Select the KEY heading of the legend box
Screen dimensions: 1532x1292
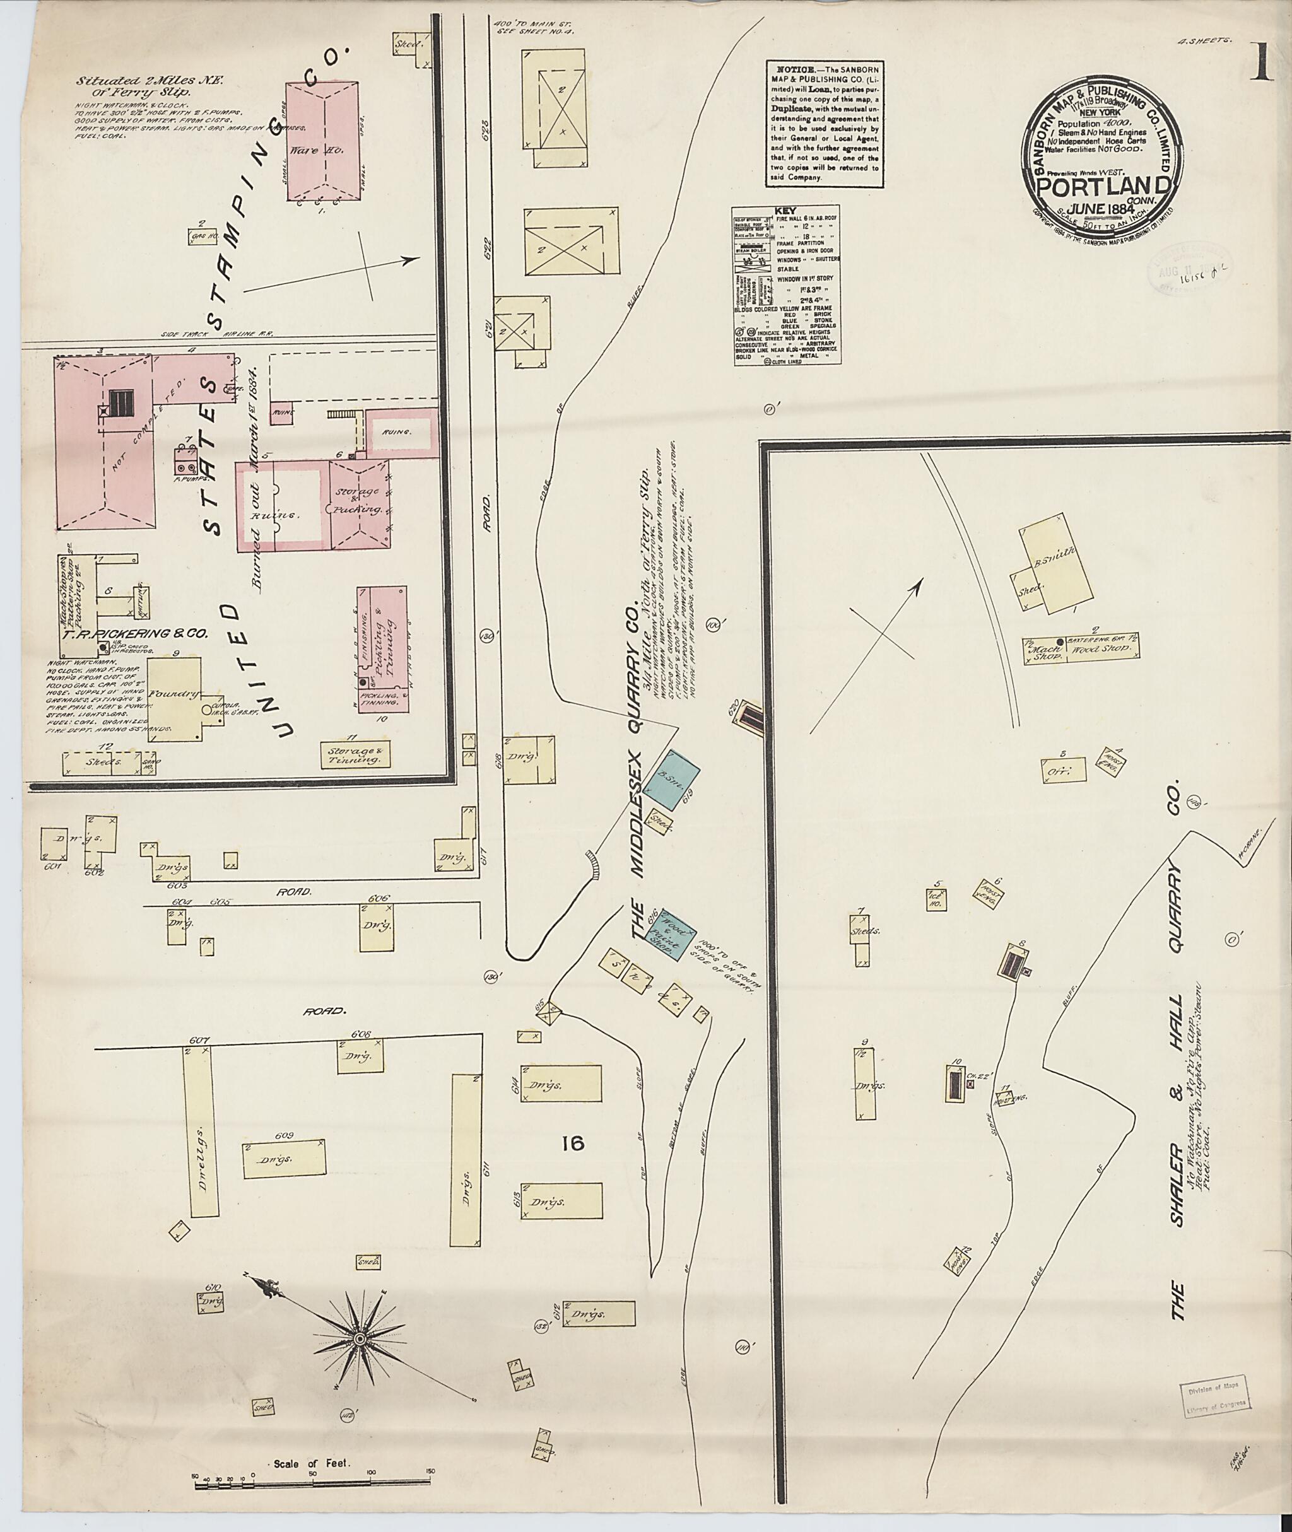(786, 209)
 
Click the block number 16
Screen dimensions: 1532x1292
(573, 1183)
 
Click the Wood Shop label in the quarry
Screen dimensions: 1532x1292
(1096, 650)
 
